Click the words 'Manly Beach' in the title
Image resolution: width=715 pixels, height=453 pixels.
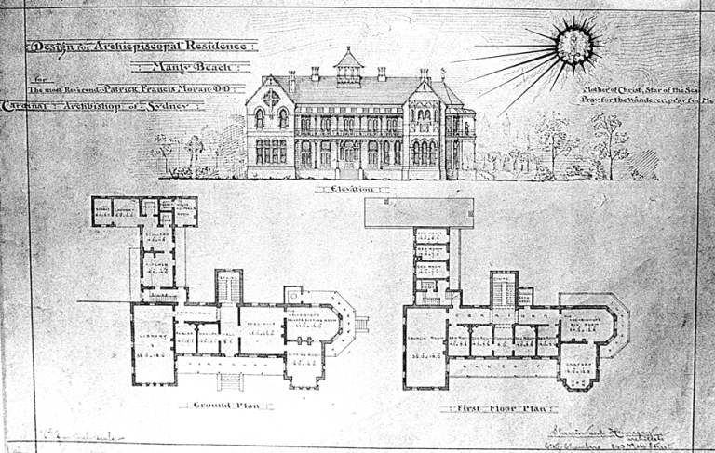[x=192, y=66]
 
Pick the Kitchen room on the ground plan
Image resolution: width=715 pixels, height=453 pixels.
[x=159, y=266]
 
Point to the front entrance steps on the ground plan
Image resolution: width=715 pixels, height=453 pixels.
[x=229, y=381]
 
